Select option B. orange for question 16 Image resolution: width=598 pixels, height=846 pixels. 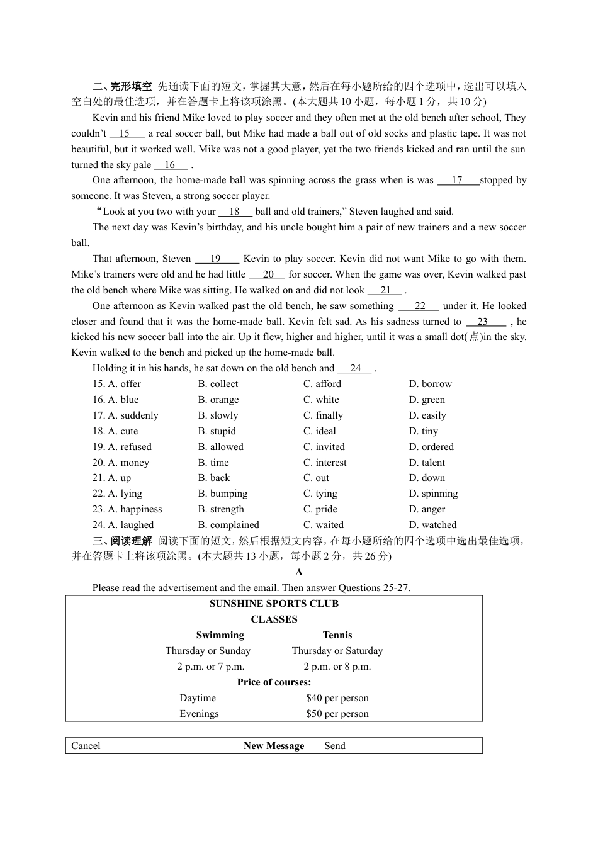218,400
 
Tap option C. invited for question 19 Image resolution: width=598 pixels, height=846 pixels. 324,447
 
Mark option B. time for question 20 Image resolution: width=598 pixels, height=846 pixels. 213,463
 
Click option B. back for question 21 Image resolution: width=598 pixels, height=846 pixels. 213,478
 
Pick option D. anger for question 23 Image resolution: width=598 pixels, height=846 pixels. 426,509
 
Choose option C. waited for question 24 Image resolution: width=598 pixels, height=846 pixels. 323,525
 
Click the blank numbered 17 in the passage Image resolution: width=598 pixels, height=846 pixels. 458,181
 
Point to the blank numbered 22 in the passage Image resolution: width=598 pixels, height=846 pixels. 420,306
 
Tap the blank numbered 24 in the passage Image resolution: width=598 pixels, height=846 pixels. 355,368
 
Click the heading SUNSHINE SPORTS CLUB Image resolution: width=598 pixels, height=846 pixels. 274,604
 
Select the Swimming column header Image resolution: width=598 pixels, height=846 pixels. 220,635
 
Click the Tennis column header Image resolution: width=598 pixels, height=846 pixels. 337,635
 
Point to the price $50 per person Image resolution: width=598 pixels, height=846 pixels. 337,714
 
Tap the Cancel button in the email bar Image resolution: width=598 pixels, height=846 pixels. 86,746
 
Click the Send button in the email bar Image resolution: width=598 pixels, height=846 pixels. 335,746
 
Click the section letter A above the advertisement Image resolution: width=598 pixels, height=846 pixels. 299,572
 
